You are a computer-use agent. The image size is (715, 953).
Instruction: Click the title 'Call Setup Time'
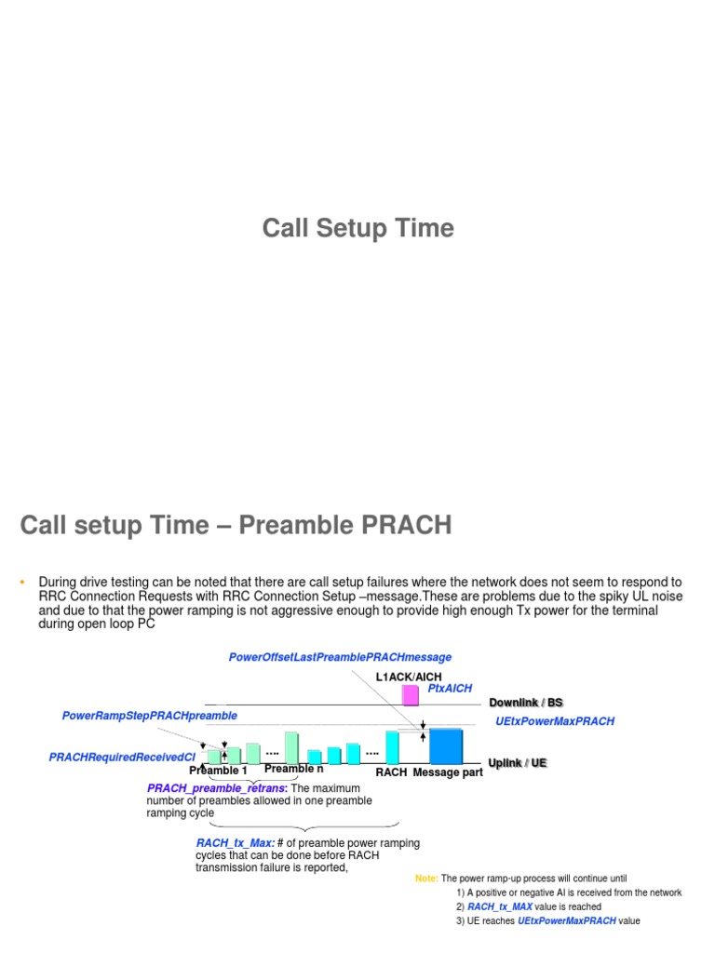click(x=357, y=229)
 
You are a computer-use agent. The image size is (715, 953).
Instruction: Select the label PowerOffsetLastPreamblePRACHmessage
click(x=340, y=657)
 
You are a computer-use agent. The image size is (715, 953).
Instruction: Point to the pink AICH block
click(x=410, y=695)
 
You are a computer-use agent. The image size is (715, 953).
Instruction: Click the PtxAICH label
click(x=450, y=689)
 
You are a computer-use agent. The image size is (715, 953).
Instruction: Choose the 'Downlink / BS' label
click(x=526, y=703)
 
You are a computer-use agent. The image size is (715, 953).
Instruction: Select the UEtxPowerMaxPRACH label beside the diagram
click(x=555, y=721)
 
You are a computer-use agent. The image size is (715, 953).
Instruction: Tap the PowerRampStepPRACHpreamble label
click(x=150, y=716)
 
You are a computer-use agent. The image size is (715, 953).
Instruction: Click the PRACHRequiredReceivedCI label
click(x=122, y=758)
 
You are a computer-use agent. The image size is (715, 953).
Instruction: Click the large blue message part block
click(x=445, y=745)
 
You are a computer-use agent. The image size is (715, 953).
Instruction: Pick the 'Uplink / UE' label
click(x=518, y=763)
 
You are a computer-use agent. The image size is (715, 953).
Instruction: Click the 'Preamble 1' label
click(x=219, y=771)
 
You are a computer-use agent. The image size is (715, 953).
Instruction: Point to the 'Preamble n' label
click(x=294, y=769)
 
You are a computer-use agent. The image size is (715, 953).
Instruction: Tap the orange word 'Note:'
click(x=426, y=879)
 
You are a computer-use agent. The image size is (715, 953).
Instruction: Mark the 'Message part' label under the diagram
click(x=448, y=772)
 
